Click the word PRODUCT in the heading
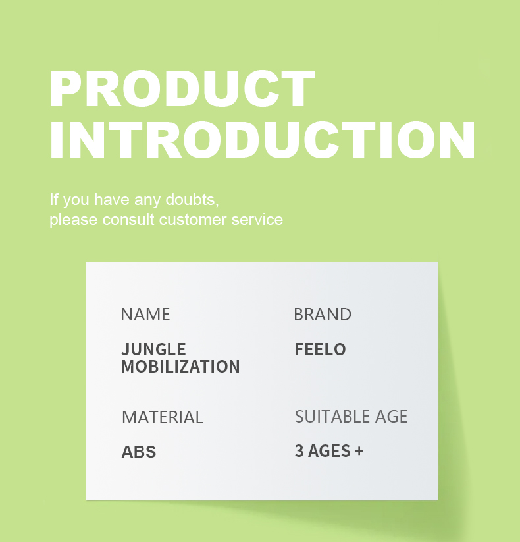pos(182,88)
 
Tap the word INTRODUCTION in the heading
pos(263,140)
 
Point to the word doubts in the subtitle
pos(192,199)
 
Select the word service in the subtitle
pos(257,220)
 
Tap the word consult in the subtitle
pos(128,220)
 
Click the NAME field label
pos(145,315)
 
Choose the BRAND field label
pos(323,315)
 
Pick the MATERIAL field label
pos(162,417)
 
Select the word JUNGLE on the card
pos(153,349)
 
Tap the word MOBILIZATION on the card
pos(180,367)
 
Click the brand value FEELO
pos(320,349)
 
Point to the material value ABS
pos(139,452)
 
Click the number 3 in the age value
pos(299,451)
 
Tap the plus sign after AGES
pos(359,451)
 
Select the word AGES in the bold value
pos(329,451)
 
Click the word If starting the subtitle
pos(54,199)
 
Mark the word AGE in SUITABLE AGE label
pos(391,417)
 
